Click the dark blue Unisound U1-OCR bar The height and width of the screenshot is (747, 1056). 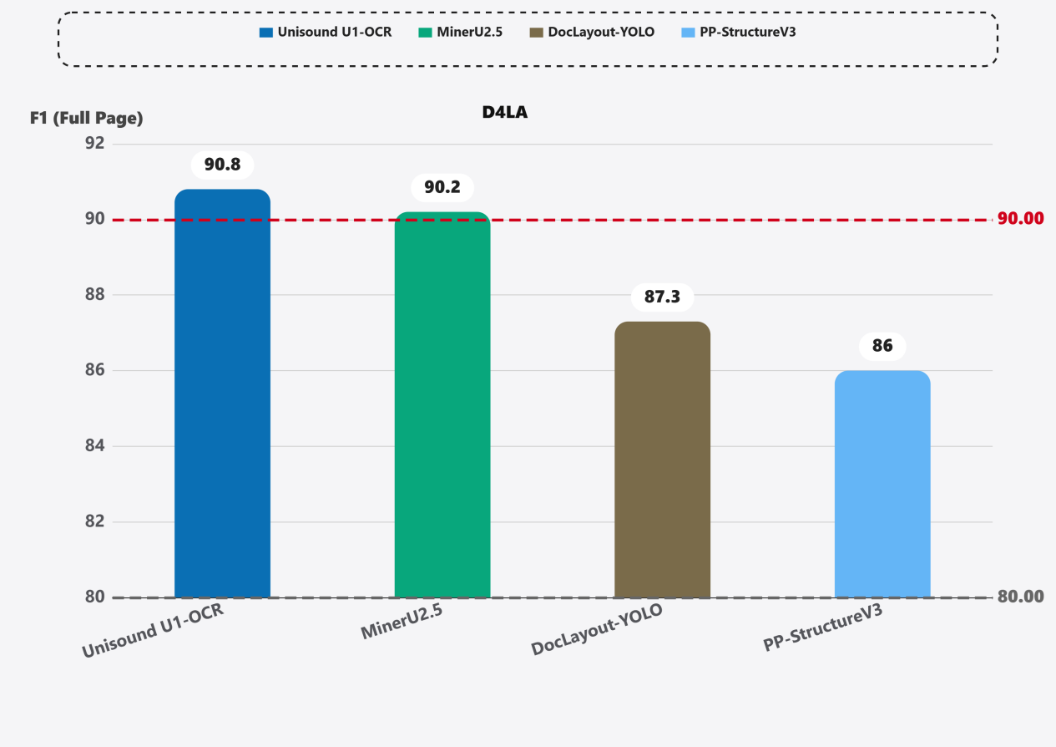pyautogui.click(x=222, y=393)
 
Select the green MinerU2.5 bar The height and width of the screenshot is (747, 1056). pyautogui.click(x=442, y=405)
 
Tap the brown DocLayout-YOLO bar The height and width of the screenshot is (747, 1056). pyautogui.click(x=662, y=460)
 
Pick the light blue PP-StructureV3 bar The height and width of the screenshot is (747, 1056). pyautogui.click(x=882, y=485)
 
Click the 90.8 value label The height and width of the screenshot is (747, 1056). pyautogui.click(x=222, y=165)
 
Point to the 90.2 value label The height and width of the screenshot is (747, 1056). pyautogui.click(x=442, y=187)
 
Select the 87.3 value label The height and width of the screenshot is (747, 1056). pyautogui.click(x=662, y=297)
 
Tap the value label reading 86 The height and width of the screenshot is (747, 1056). pyautogui.click(x=882, y=346)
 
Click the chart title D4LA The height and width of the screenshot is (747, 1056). pyautogui.click(x=505, y=113)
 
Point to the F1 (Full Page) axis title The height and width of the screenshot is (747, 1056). pyautogui.click(x=87, y=119)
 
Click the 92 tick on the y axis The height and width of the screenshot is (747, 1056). pyautogui.click(x=94, y=143)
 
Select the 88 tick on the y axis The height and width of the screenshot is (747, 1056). pyautogui.click(x=94, y=295)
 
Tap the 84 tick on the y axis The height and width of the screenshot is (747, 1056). pyautogui.click(x=94, y=446)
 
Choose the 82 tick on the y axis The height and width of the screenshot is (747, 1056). pyautogui.click(x=94, y=522)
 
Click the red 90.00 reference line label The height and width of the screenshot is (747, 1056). pyautogui.click(x=1021, y=219)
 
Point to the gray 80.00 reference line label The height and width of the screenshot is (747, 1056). pyautogui.click(x=1021, y=597)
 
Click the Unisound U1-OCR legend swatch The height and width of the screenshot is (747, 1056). pyautogui.click(x=266, y=33)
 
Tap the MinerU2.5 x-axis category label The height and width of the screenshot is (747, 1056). pyautogui.click(x=402, y=624)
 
